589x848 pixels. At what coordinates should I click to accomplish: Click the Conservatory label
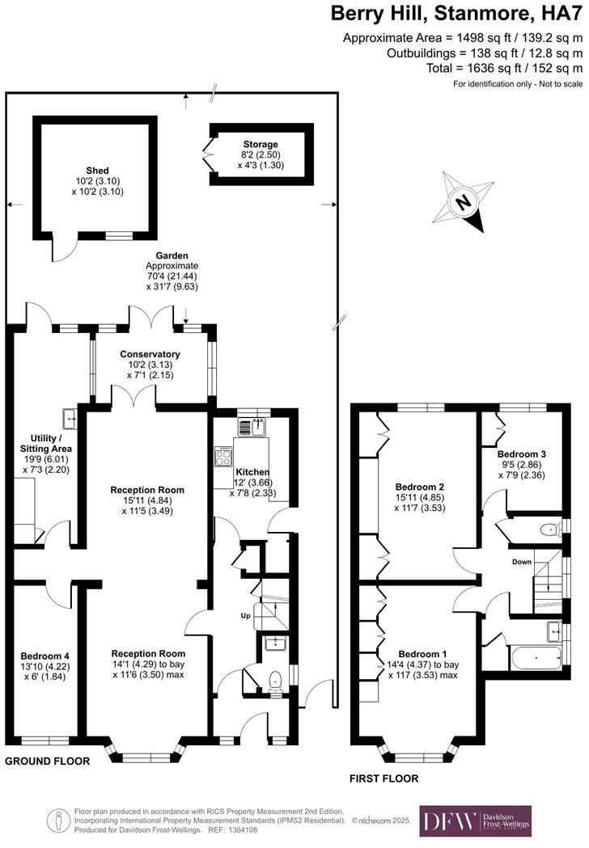point(150,354)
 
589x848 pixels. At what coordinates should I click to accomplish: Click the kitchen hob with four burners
point(223,457)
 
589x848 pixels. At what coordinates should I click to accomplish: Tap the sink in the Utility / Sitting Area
point(67,418)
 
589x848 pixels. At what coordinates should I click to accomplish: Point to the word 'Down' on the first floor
point(521,561)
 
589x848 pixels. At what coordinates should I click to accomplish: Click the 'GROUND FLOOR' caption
point(47,762)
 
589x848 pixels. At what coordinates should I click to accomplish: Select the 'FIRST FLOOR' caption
point(383,778)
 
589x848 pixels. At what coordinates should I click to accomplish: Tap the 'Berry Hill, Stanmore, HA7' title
point(456,14)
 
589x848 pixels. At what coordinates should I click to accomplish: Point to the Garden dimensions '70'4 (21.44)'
point(172,276)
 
